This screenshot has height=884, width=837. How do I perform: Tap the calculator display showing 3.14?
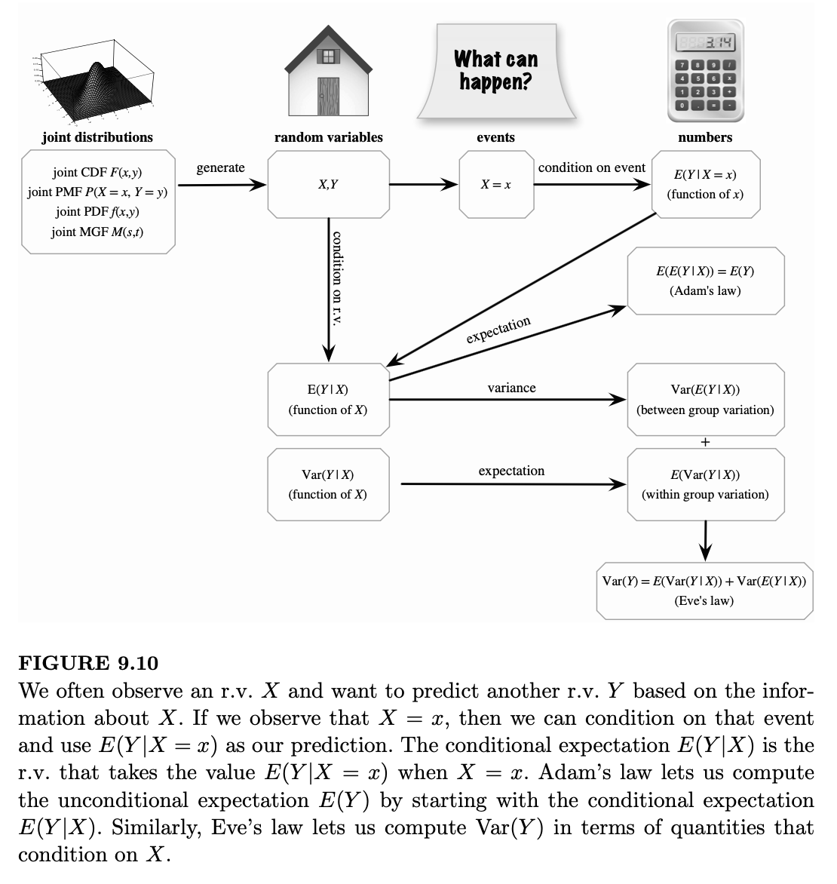coord(706,42)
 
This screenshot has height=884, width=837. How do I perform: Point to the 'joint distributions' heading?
coord(97,137)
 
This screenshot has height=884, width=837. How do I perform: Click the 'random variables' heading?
coord(328,137)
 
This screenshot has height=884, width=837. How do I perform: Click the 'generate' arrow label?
coord(220,168)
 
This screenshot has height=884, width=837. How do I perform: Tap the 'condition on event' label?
coord(592,168)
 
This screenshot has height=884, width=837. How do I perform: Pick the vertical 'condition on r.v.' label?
coord(337,278)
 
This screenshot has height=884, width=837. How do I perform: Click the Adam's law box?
coord(705,281)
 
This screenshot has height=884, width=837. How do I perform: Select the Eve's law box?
coord(704,591)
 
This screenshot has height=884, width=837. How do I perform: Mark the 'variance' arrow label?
coord(511,388)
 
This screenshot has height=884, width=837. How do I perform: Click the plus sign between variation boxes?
coord(705,442)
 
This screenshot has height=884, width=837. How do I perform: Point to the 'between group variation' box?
coord(705,400)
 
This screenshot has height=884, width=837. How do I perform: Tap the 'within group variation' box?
coord(705,484)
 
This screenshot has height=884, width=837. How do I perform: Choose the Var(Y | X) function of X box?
coord(328,484)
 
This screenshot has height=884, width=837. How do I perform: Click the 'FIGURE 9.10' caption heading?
coord(88,663)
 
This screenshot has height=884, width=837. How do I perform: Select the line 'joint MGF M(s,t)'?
coord(97,232)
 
